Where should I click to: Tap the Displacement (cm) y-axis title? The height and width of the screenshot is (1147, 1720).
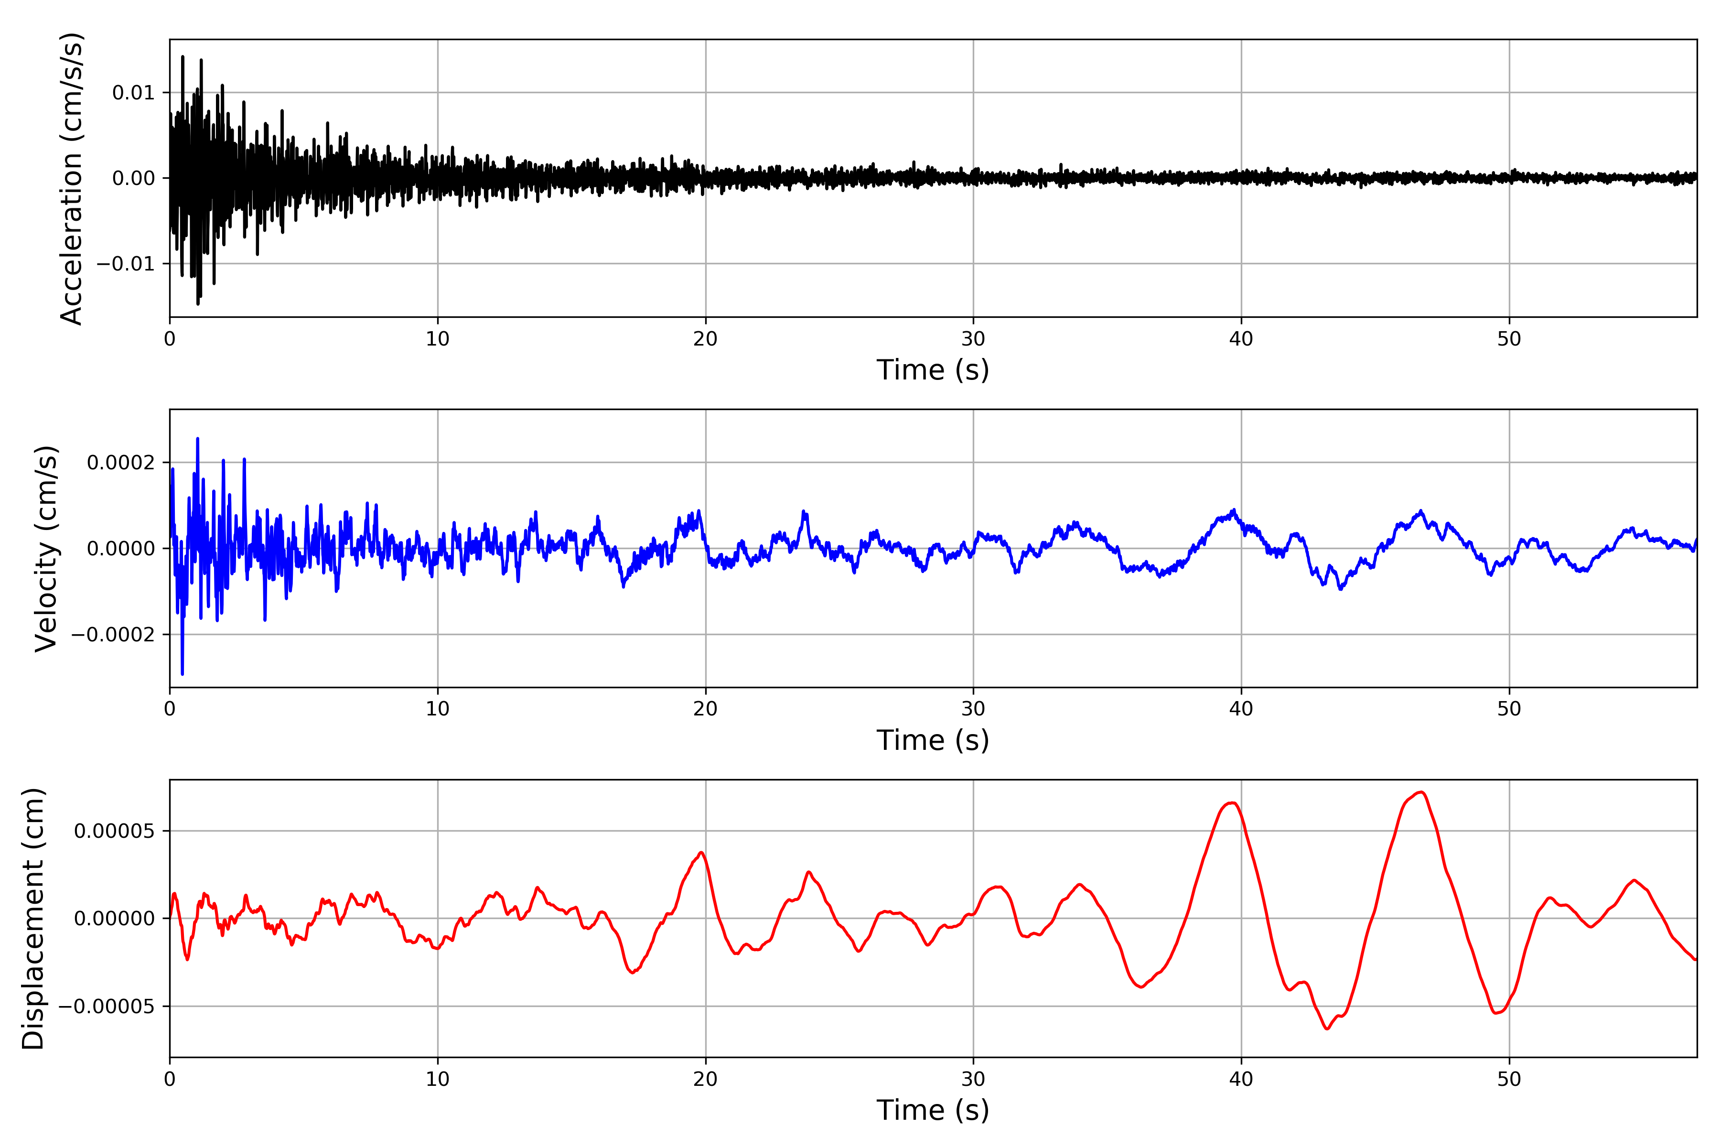click(33, 918)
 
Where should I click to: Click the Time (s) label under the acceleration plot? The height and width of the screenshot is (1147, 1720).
click(933, 370)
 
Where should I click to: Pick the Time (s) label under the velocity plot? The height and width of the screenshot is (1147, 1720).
click(933, 740)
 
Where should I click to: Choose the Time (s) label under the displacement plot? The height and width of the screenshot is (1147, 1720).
click(933, 1110)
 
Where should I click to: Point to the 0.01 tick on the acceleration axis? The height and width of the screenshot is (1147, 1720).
click(133, 93)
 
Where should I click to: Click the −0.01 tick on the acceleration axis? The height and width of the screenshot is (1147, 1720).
click(126, 264)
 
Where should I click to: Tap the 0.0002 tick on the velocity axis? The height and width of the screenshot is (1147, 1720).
click(121, 462)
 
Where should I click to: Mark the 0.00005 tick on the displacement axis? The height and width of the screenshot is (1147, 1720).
click(114, 831)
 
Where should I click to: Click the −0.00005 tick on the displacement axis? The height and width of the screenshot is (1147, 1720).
click(107, 1006)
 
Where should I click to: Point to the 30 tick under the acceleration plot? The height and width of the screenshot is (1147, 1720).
click(973, 339)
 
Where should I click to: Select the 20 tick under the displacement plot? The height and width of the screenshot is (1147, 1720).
click(706, 1080)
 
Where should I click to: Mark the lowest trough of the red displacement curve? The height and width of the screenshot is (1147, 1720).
click(1327, 1029)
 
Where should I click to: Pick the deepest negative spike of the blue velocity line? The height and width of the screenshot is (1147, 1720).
click(182, 674)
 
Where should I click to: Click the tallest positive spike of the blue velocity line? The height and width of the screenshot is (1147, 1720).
click(197, 439)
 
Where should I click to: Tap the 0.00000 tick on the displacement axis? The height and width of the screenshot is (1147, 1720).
click(114, 919)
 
